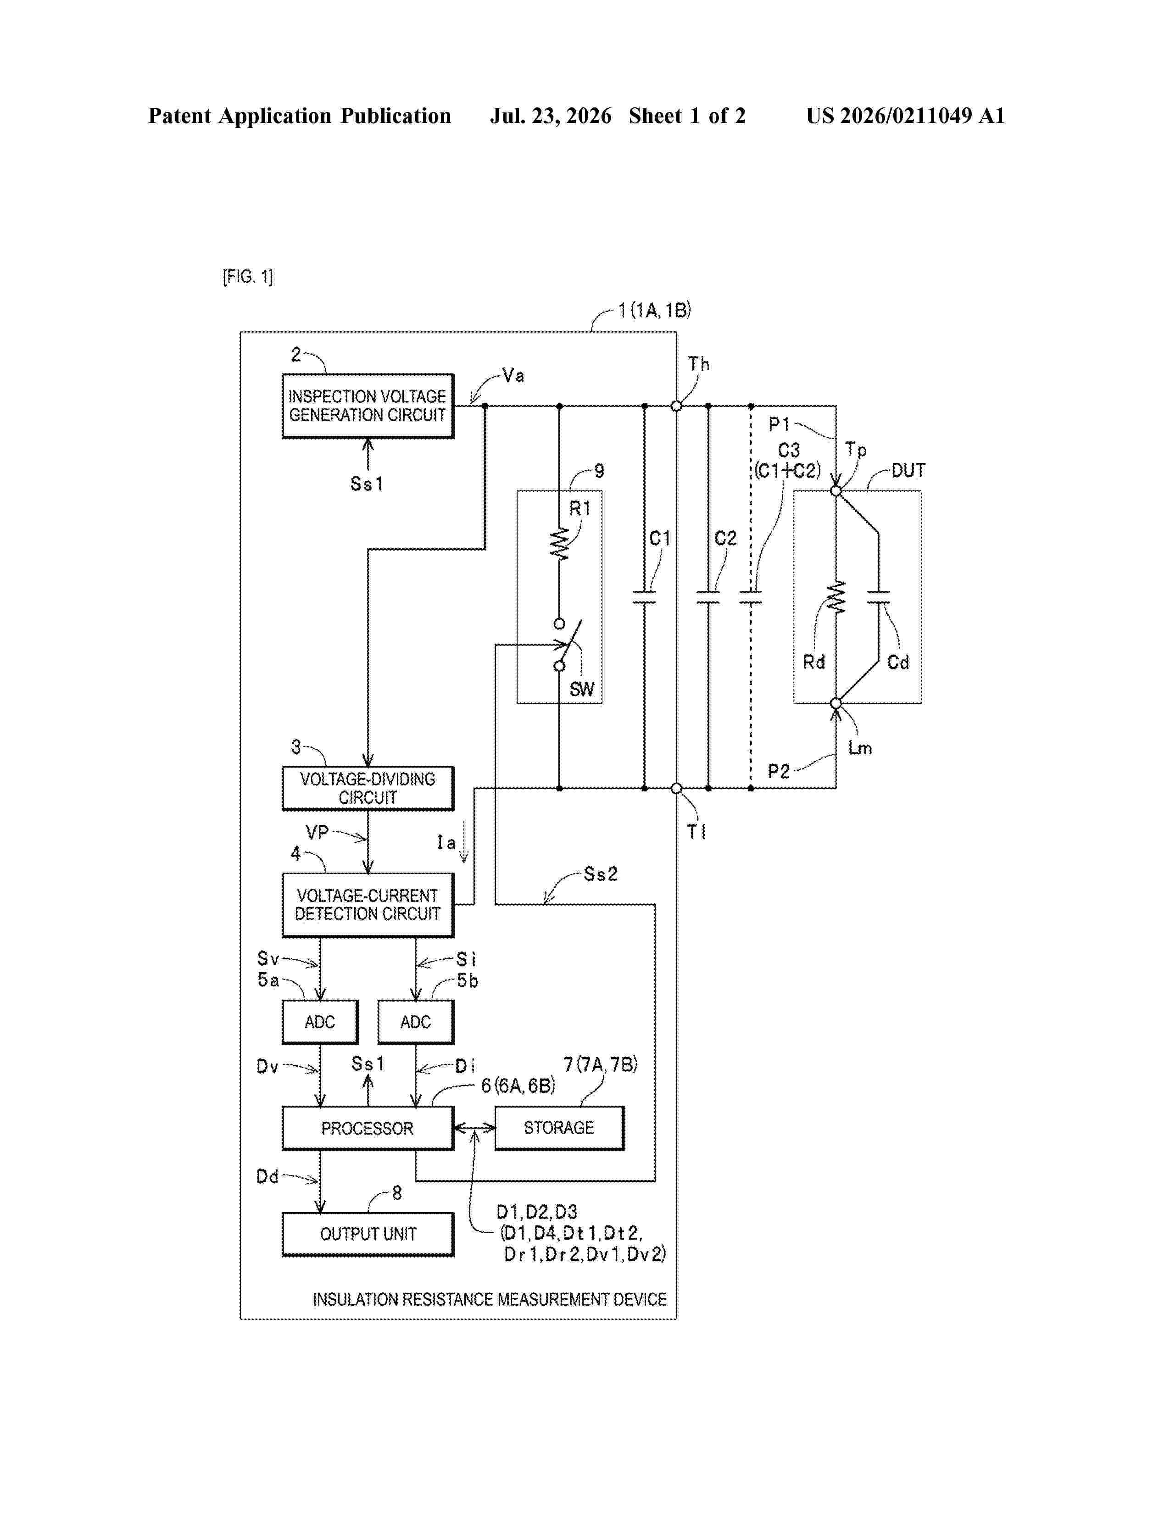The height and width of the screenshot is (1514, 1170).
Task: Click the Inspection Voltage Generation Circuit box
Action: [368, 406]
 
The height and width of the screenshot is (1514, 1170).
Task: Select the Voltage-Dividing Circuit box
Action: [368, 788]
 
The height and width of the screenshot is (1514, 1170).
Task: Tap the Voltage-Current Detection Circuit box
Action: [368, 905]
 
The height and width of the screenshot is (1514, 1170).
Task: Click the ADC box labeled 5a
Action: [320, 1022]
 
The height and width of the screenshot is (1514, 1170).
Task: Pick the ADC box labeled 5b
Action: [416, 1022]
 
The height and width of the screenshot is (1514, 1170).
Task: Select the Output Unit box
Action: [368, 1234]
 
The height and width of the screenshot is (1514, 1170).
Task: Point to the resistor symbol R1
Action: [559, 544]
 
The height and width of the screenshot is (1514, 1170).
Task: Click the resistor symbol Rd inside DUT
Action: [836, 597]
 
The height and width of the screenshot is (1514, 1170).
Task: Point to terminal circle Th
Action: [676, 406]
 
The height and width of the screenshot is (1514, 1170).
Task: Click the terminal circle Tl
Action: [676, 788]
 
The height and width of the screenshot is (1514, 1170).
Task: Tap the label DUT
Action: [908, 471]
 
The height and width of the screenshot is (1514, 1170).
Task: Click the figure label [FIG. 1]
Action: [247, 277]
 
